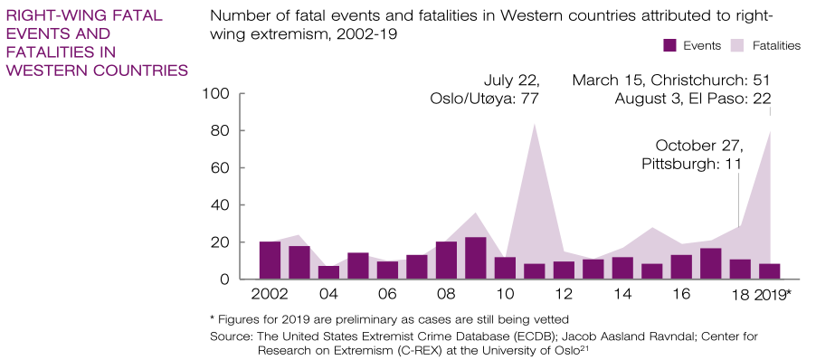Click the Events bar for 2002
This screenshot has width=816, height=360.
click(270, 261)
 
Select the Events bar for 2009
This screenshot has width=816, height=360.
click(476, 258)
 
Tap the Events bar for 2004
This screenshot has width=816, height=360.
click(329, 272)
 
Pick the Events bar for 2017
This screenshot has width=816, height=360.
click(711, 264)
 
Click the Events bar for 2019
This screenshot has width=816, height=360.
click(770, 271)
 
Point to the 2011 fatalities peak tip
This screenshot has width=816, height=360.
click(535, 123)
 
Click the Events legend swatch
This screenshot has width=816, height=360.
click(669, 46)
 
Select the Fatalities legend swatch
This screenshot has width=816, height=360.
click(739, 46)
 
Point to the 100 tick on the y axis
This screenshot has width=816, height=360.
click(241, 94)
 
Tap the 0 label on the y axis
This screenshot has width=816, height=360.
click(223, 279)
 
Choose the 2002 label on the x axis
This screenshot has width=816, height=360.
click(270, 295)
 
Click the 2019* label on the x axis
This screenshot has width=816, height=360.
click(773, 295)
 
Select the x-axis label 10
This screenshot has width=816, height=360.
click(505, 295)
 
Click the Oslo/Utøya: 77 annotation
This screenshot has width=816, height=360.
click(483, 99)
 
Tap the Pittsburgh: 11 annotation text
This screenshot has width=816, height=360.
click(691, 164)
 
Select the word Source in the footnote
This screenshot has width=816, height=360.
click(226, 336)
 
